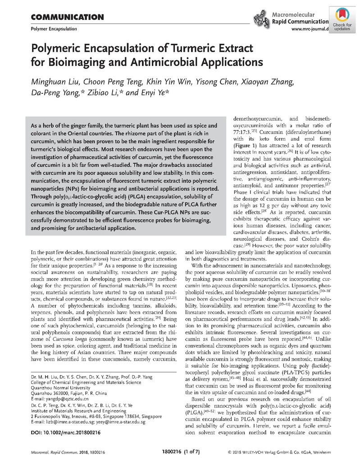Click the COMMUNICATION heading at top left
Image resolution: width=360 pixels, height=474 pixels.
[x=64, y=18]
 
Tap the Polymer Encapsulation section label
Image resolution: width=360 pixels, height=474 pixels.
[x=54, y=29]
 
